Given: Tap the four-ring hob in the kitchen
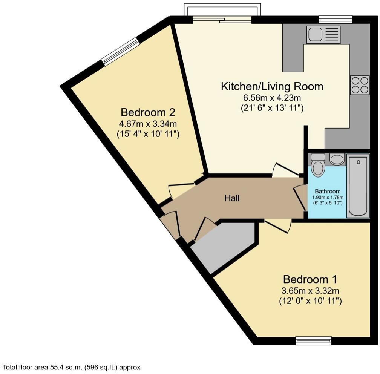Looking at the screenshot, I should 359,85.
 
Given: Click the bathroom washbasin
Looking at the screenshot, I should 337,159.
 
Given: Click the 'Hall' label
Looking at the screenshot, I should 232,198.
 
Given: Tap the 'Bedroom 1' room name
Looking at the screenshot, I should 310,279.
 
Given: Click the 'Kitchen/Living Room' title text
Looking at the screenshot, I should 272,86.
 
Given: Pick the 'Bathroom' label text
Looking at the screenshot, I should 328,191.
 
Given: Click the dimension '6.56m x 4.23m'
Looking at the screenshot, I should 272,98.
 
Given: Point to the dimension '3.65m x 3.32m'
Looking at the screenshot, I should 310,291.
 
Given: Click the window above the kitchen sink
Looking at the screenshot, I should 335,19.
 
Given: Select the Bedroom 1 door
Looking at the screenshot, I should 278,226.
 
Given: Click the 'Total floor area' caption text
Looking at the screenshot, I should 72,367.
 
